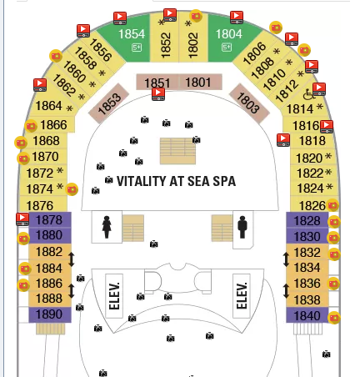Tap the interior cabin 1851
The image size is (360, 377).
(157, 83)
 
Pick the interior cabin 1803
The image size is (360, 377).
(249, 103)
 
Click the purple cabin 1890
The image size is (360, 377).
(50, 314)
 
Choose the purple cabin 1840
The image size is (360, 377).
(307, 315)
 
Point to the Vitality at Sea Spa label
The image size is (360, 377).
(176, 181)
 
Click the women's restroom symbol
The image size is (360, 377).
(107, 227)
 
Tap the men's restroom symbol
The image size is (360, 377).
(242, 227)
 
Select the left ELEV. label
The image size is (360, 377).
(114, 296)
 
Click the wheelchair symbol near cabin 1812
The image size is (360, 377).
(307, 94)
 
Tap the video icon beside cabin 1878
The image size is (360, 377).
(22, 219)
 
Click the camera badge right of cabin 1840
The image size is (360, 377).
(334, 318)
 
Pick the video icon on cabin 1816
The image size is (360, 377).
(327, 127)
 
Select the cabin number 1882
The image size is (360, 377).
(49, 252)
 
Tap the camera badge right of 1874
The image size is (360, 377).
(72, 189)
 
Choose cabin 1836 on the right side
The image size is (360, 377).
(307, 284)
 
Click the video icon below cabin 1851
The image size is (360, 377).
(158, 94)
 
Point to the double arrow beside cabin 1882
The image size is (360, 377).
(72, 259)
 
